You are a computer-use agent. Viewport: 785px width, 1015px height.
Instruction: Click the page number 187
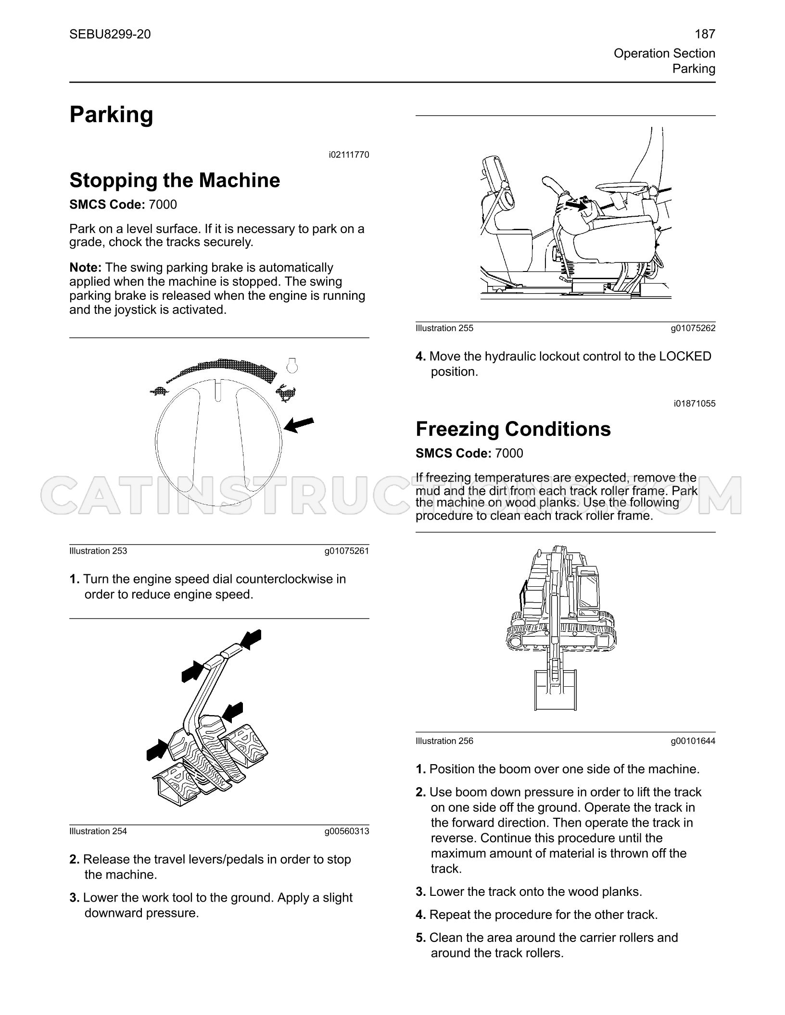705,34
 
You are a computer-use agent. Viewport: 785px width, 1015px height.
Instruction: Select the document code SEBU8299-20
110,34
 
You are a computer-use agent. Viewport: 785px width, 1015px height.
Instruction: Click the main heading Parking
112,115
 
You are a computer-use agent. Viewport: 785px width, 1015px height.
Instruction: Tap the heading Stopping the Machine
175,180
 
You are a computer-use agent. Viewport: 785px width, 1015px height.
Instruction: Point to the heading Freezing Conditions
513,429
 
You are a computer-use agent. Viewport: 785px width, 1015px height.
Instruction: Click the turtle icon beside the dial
159,391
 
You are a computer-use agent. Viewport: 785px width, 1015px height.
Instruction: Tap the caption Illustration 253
98,551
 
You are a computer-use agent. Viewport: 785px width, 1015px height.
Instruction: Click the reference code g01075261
347,551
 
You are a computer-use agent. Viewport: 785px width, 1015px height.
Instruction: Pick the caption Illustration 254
98,831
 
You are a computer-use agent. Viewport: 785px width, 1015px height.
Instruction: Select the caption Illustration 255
444,328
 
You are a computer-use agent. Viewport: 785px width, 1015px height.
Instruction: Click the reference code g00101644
693,741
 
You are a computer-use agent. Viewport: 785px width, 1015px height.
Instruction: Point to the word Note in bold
86,267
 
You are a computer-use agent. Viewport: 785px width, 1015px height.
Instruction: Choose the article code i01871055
695,404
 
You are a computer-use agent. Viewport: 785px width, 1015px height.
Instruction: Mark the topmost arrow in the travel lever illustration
251,639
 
